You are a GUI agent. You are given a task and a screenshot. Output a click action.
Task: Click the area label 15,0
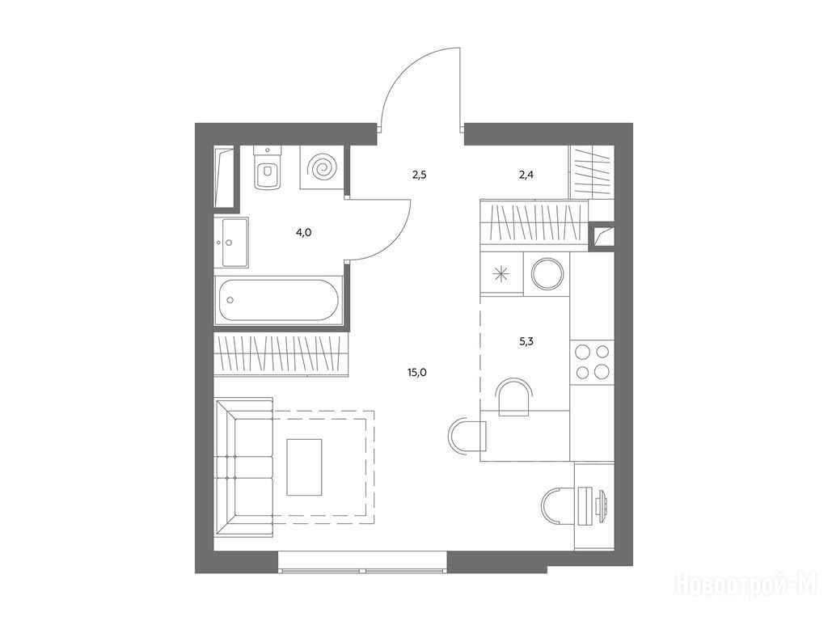[x=416, y=373]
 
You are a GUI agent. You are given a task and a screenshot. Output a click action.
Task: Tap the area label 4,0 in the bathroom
[x=304, y=232]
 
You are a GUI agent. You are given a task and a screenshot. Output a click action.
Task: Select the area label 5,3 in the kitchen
[x=526, y=342]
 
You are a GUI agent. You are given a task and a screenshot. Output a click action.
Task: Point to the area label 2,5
[x=420, y=175]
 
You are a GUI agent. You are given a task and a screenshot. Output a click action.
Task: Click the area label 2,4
[x=526, y=175]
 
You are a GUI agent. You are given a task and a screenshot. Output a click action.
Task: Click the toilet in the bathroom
[x=268, y=167]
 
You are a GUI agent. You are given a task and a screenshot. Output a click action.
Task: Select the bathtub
[x=279, y=300]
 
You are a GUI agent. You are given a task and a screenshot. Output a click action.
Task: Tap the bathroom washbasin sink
[x=234, y=243]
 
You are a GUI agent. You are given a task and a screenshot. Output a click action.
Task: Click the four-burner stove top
[x=593, y=361]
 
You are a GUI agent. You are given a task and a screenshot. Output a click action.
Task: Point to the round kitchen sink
[x=547, y=274]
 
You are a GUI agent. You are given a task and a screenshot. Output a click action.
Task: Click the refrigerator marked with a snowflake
[x=501, y=273]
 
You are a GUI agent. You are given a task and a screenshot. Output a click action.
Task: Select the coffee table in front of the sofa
[x=304, y=467]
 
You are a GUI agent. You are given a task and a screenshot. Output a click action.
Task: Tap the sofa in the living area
[x=244, y=467]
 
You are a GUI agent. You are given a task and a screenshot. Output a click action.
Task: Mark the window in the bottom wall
[x=363, y=562]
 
